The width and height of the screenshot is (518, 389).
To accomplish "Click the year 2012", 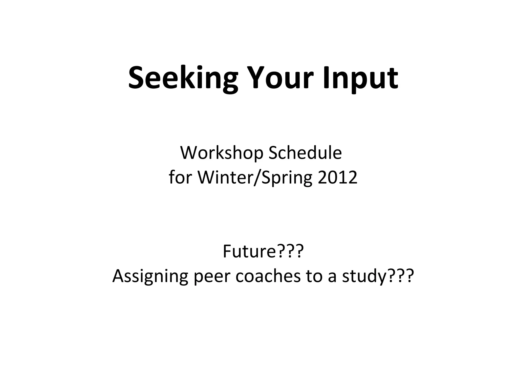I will [x=337, y=177].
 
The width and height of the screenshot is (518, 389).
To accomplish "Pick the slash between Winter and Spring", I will [x=257, y=177].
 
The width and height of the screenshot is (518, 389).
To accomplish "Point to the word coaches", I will [x=268, y=276].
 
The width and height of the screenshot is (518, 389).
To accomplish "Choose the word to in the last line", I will [x=314, y=276].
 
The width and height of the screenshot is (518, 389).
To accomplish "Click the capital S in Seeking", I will [x=137, y=77].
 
